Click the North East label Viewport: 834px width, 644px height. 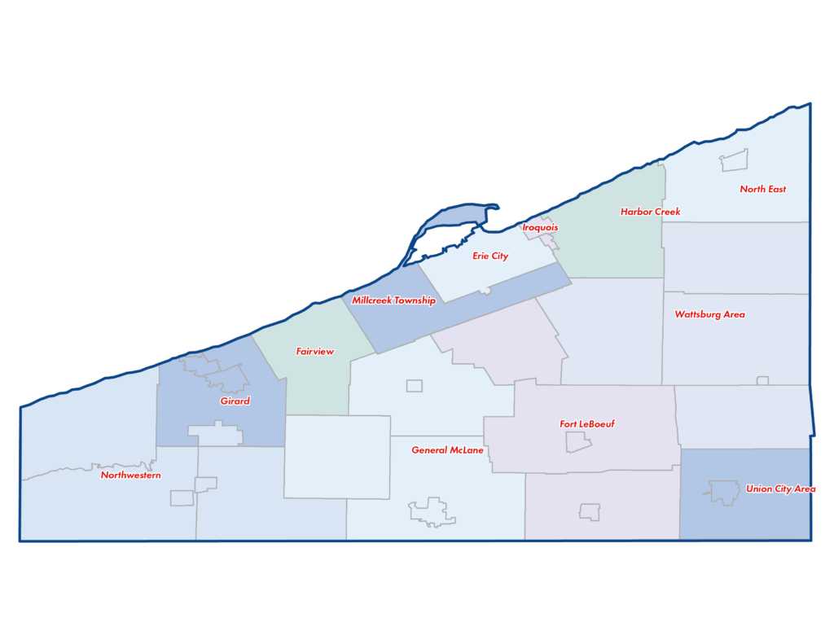tap(762, 189)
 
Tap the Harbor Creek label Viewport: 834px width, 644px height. tap(650, 212)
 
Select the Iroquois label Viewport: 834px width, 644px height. tap(540, 227)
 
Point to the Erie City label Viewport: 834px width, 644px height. tap(490, 256)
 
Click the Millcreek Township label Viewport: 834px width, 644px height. tap(393, 300)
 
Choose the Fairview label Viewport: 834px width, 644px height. tap(314, 352)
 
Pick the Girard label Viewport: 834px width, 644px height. tap(235, 401)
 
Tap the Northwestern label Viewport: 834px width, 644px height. tap(130, 475)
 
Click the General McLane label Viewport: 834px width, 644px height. tap(447, 450)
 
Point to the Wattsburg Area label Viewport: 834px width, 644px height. tap(709, 314)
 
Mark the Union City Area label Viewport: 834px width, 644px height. tap(780, 489)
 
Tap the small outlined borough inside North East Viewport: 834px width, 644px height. tap(733, 161)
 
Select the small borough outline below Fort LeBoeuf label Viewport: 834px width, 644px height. tap(578, 442)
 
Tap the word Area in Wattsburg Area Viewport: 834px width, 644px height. tap(733, 314)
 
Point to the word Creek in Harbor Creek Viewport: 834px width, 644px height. tap(667, 212)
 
